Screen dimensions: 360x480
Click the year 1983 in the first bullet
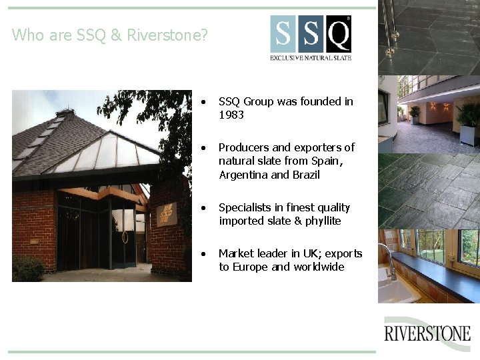tap(231, 115)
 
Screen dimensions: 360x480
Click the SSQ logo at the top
tap(311, 39)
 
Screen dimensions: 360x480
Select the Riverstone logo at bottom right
tap(427, 333)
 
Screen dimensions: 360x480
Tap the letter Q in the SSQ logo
tap(338, 34)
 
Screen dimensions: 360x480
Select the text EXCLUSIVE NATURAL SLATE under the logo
tap(311, 58)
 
